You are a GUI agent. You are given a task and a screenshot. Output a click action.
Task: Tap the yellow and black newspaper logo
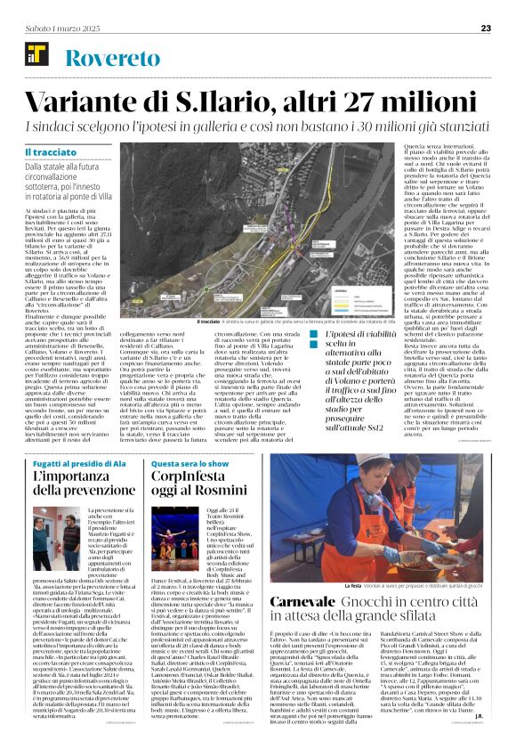(34, 58)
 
